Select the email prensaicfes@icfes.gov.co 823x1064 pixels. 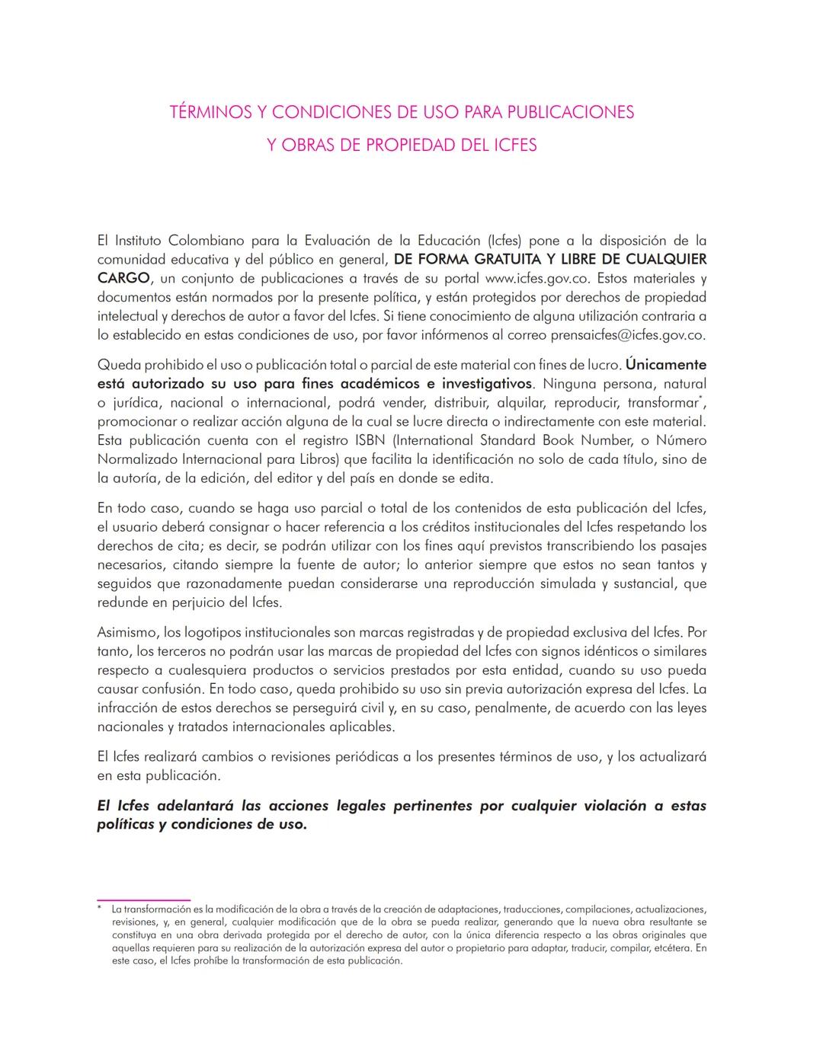click(x=627, y=334)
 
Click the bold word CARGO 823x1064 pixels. click(x=123, y=278)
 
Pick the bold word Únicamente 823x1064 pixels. click(x=665, y=365)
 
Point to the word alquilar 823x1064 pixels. click(x=521, y=403)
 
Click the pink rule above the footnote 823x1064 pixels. click(x=143, y=900)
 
